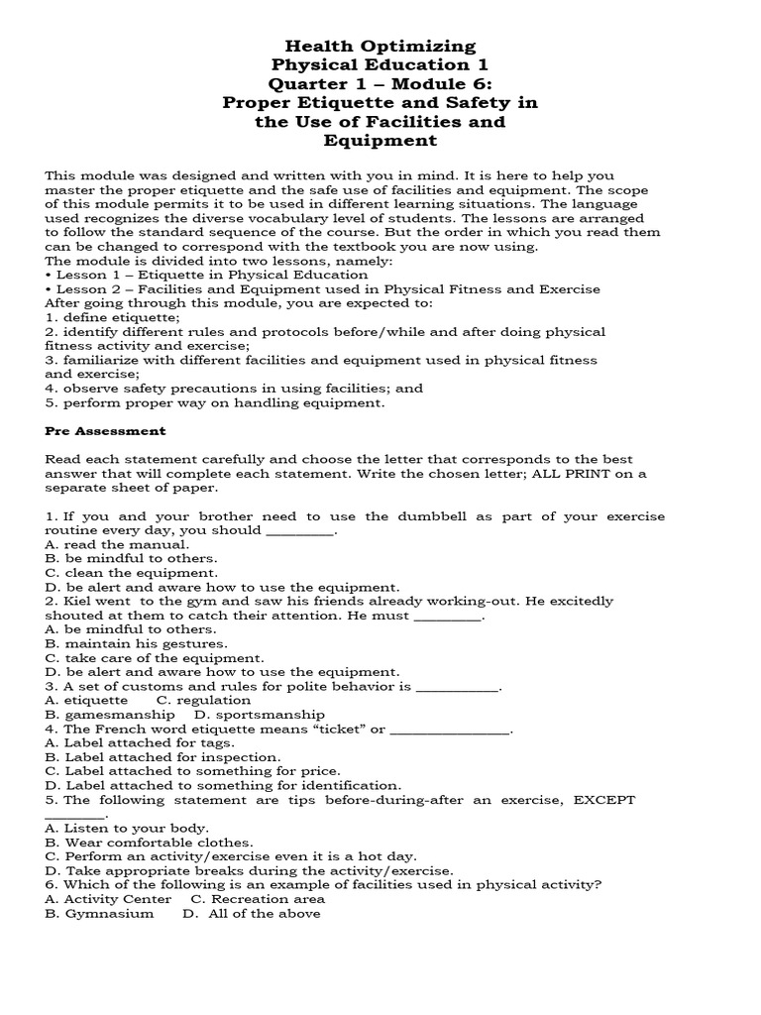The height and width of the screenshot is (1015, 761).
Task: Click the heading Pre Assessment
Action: point(106,431)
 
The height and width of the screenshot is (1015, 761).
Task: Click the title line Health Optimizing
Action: point(380,47)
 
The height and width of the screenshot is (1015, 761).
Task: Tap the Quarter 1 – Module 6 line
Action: point(380,84)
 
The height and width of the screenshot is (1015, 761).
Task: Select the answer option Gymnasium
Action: point(109,913)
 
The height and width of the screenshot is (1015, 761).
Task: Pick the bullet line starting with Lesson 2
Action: point(322,288)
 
